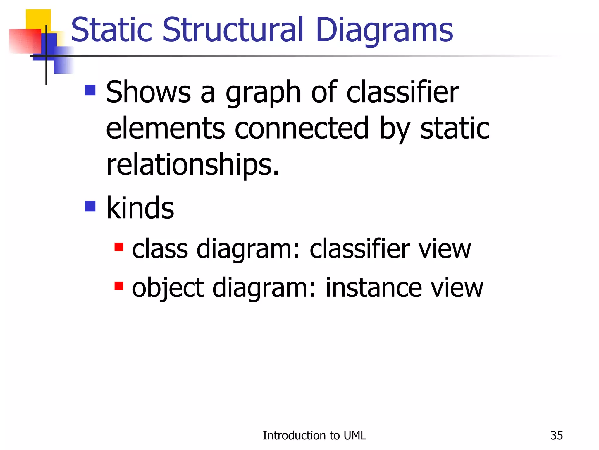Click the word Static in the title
[111, 30]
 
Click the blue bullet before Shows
[90, 90]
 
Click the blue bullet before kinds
[90, 206]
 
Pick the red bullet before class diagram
[119, 247]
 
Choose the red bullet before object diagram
[119, 286]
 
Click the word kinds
[140, 208]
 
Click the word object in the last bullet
[168, 289]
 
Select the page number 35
[556, 436]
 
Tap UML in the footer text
[355, 436]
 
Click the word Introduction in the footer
[292, 436]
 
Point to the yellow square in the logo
[38, 19]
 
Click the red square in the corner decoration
[25, 41]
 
